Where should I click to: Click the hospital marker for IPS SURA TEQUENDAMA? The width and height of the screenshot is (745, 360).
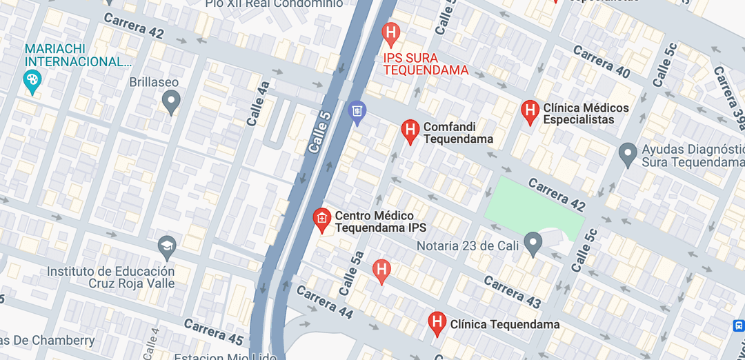point(391,32)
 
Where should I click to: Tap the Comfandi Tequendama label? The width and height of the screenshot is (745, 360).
point(458,133)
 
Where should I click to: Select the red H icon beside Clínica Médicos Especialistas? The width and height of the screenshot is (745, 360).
point(530,110)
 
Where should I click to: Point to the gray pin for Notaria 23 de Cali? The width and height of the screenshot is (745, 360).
point(532,243)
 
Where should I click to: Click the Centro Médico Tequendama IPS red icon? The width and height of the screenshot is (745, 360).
point(321,219)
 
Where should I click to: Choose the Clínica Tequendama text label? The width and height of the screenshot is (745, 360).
point(504,324)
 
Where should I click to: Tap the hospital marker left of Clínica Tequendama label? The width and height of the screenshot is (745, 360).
point(436,322)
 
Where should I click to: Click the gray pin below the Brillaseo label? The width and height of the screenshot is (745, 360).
point(171,103)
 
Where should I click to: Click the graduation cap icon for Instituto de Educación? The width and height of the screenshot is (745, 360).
point(167,246)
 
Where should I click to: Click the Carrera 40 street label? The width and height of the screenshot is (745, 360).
point(601,62)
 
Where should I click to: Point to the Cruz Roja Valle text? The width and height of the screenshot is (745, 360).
point(131,283)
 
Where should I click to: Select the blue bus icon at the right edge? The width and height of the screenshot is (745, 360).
point(738,325)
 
